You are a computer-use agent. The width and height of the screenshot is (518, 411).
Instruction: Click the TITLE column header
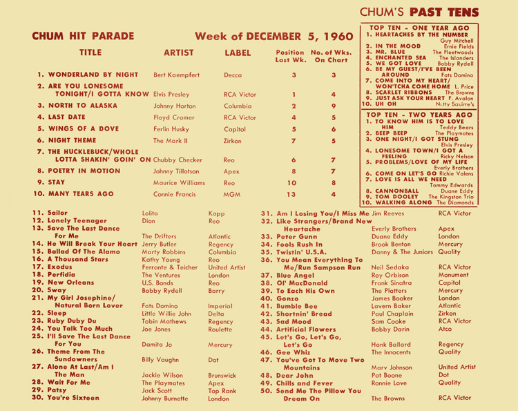(x=90, y=52)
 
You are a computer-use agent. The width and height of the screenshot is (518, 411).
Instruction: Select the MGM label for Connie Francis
(x=233, y=194)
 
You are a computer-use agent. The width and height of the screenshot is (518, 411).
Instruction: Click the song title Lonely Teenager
(x=67, y=220)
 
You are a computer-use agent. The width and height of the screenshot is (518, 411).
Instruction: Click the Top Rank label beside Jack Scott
(x=222, y=390)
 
